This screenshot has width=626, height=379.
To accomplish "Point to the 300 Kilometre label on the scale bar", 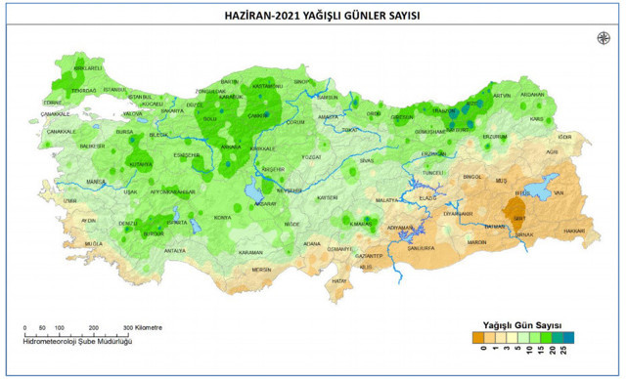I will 143,327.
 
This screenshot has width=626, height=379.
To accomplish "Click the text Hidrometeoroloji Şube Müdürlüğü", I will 77,341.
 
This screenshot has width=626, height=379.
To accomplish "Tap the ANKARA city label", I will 232,147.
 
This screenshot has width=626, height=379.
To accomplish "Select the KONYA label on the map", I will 223,217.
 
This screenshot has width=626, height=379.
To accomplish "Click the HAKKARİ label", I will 575,232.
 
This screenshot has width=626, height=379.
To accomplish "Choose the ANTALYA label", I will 175,251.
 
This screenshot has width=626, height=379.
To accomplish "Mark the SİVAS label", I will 367,159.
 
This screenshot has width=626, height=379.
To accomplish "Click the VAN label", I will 559,192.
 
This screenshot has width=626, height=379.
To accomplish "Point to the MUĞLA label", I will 94,243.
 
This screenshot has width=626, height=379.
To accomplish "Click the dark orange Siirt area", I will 519,211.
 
